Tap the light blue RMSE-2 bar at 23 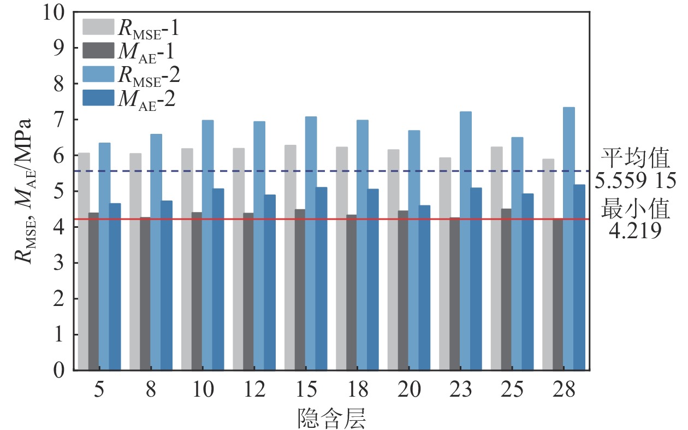(466, 240)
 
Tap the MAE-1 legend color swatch (98, 51)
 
